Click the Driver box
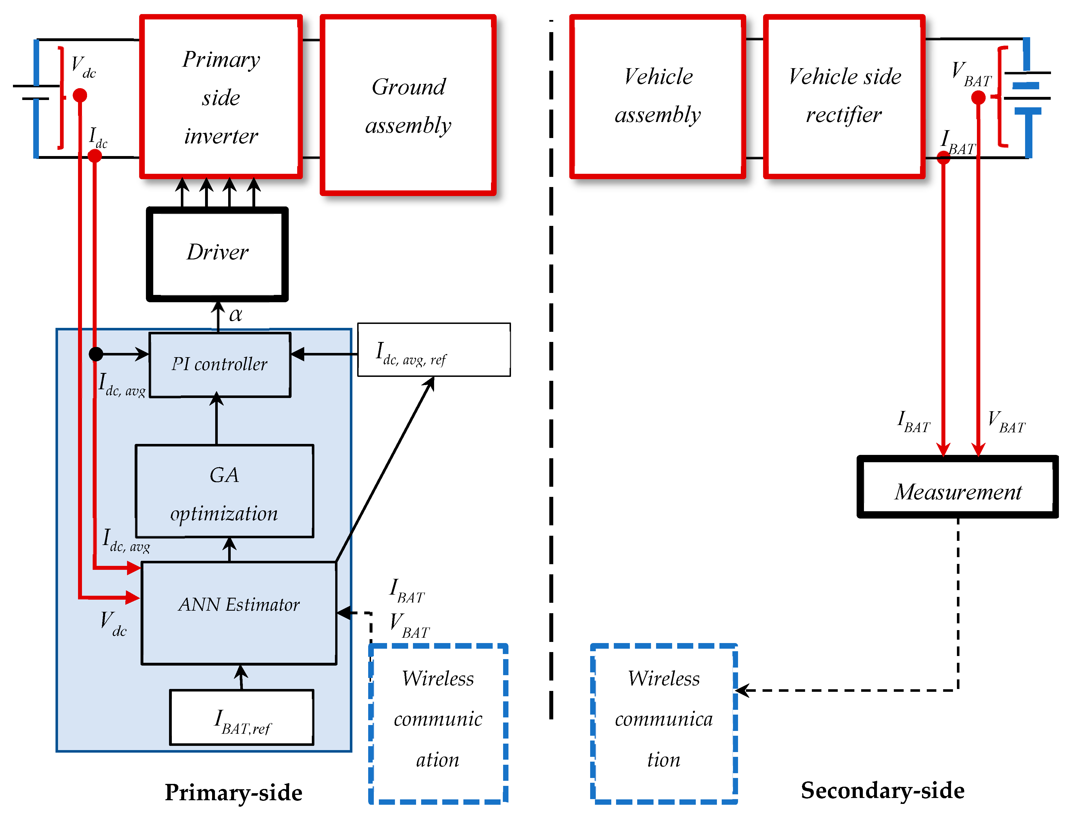217,254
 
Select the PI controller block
220,365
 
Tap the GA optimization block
225,491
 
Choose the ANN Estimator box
239,613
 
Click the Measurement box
957,487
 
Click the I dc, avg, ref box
434,350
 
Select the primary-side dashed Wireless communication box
438,724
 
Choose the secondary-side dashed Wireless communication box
664,724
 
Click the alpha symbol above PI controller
235,315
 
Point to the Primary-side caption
234,793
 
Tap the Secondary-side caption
883,791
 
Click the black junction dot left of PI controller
96,354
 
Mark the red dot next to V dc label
80,95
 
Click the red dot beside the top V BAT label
978,98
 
